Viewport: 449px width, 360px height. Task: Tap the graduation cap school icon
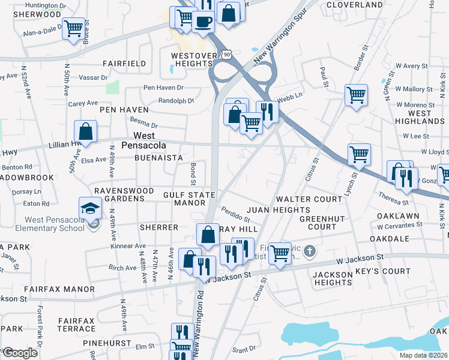tap(90, 208)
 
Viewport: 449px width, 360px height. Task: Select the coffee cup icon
tap(203, 22)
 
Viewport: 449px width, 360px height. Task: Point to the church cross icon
tap(309, 250)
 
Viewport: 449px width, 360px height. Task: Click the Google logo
tap(19, 352)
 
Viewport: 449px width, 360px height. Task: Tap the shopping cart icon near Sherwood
tap(73, 28)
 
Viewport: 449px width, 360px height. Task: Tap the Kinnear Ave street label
tap(128, 246)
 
